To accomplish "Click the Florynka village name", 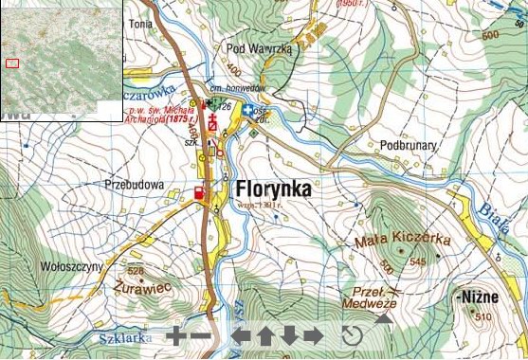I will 268,189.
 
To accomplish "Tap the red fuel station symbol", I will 199,193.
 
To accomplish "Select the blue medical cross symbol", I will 247,111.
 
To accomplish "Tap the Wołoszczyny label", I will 73,267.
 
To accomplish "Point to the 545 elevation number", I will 418,261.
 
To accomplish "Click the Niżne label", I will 479,297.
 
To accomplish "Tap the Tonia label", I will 140,23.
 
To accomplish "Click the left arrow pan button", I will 243,334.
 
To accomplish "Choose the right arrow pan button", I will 314,334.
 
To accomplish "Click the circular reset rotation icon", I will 352,335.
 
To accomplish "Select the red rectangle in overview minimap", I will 12,63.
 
